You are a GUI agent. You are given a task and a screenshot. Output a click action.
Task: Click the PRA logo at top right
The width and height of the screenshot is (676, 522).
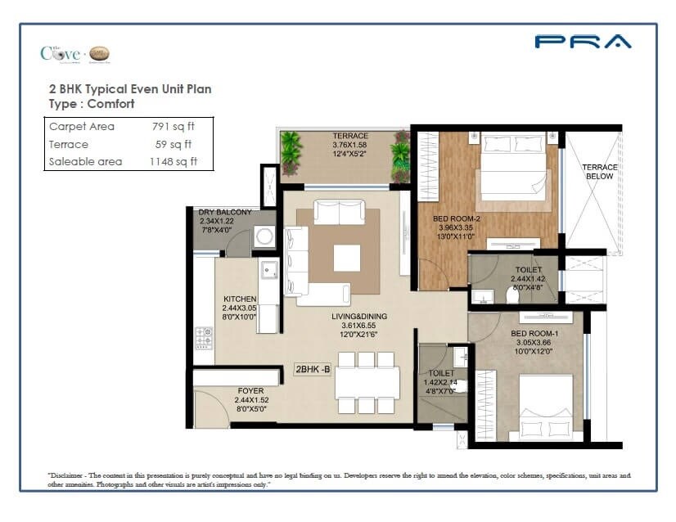(x=583, y=42)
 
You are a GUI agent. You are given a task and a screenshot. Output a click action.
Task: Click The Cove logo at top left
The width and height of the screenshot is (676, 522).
(x=74, y=54)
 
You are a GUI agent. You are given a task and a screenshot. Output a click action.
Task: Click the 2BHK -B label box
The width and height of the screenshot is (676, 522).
(x=313, y=369)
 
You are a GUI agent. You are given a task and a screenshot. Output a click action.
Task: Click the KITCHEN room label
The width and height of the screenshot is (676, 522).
(x=240, y=299)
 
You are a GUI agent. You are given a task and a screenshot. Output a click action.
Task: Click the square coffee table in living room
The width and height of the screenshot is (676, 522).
(x=346, y=257)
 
